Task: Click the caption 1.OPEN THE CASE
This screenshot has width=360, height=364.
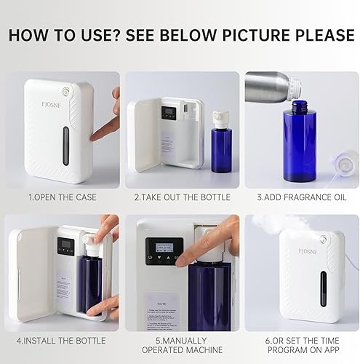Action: (x=62, y=197)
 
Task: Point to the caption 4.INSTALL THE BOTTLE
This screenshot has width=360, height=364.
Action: (x=62, y=339)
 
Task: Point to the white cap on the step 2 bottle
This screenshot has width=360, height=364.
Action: (x=221, y=117)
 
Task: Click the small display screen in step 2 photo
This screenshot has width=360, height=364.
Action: (x=169, y=113)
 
